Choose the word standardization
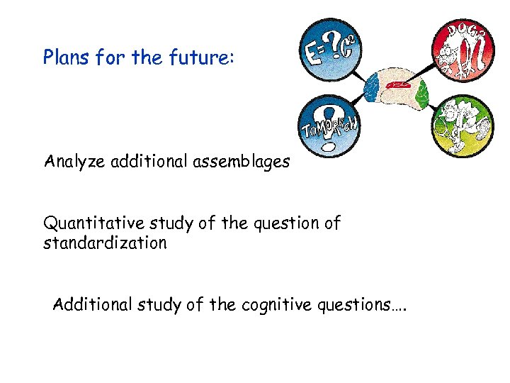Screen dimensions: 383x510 (105, 243)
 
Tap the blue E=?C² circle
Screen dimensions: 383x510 (331, 50)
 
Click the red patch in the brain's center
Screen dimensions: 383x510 (397, 87)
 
